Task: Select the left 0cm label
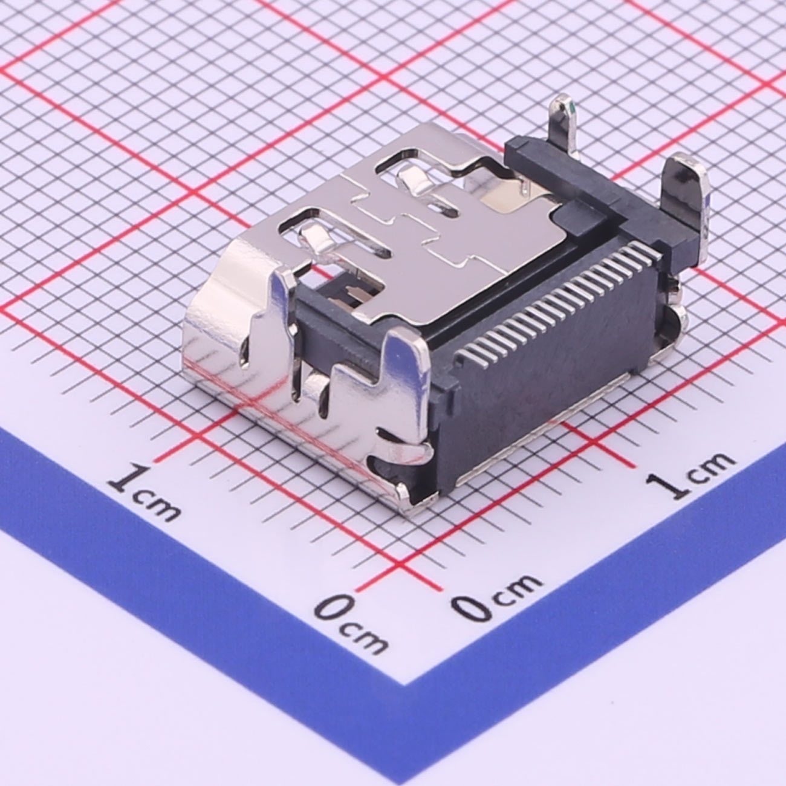point(351,623)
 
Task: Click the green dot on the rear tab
point(571,111)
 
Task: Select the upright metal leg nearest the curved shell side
point(284,314)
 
